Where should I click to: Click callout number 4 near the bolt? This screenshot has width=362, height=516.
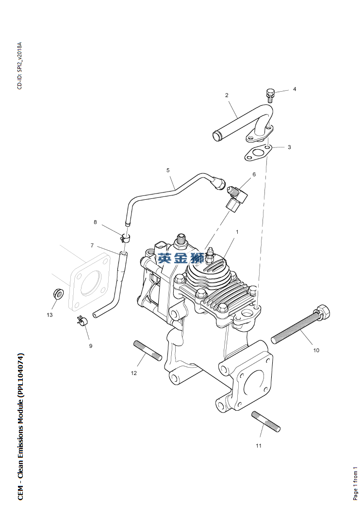click(294, 90)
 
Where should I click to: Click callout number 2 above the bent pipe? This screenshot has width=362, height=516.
click(227, 95)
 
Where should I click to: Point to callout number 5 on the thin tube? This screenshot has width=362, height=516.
click(168, 170)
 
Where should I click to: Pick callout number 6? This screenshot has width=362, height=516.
click(254, 174)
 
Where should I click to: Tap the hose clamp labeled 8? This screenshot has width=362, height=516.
click(126, 238)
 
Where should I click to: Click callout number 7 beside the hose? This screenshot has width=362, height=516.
click(92, 245)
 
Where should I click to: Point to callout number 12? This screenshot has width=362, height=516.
click(134, 373)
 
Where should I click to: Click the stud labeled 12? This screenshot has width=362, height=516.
click(148, 351)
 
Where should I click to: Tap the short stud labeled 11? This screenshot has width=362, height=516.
click(266, 421)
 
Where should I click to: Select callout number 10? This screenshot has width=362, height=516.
click(316, 350)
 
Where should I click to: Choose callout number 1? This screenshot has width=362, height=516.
click(237, 232)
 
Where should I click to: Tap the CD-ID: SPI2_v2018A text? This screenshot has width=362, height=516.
click(19, 65)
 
